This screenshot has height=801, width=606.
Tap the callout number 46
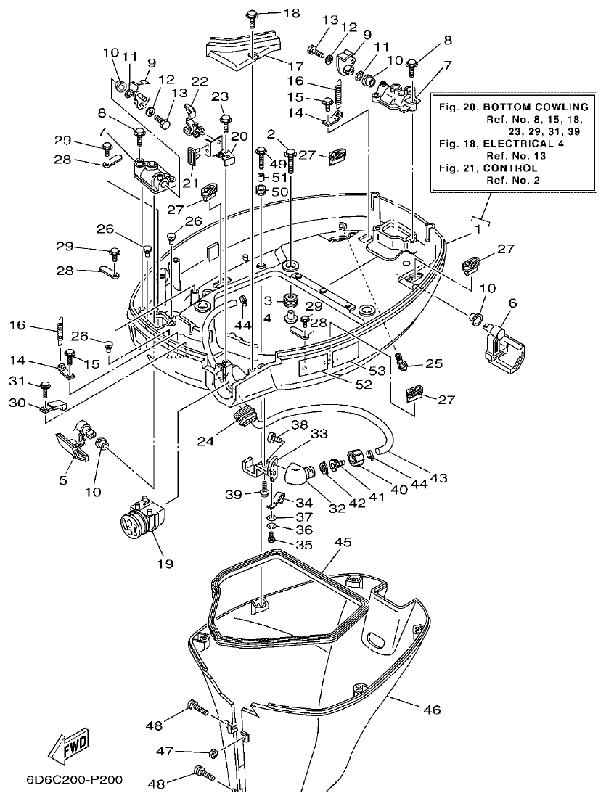tap(431, 709)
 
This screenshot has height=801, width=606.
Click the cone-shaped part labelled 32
tap(295, 475)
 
